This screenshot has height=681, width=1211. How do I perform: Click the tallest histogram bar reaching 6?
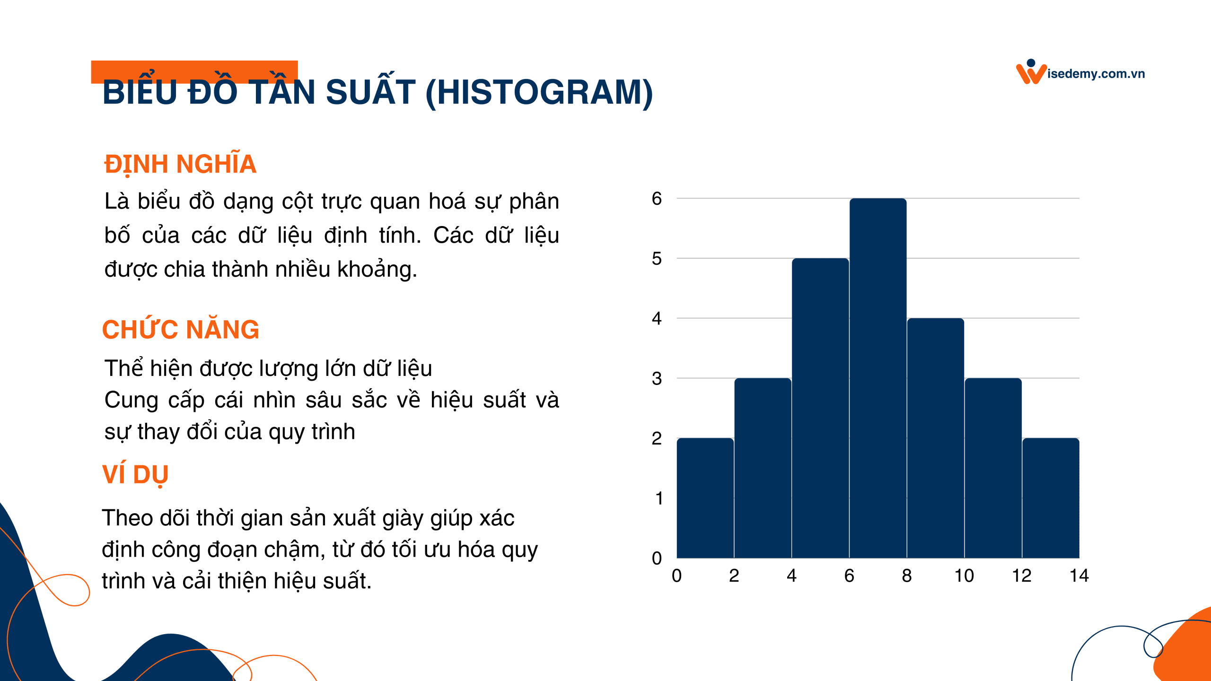pos(878,378)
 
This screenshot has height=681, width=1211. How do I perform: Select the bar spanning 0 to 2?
pos(705,498)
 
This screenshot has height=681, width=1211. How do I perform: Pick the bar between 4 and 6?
pos(820,408)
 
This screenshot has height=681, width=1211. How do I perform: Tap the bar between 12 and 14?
pos(1051,498)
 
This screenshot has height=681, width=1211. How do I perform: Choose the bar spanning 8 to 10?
pos(935,438)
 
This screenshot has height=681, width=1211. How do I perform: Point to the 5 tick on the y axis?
pos(657,259)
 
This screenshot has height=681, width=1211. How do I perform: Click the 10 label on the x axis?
pos(964,576)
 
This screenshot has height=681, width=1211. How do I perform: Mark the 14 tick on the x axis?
pos(1079,576)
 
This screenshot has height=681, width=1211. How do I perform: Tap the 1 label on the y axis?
pos(658,498)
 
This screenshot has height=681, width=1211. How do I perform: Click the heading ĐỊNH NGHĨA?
pos(180,164)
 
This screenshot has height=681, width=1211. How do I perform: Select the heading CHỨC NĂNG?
pos(181,330)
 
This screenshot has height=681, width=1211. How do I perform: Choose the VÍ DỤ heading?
pos(135,474)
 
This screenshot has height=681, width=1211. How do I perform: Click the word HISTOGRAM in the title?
pos(539,92)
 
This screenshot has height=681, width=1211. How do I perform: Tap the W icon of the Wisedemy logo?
pos(1030,73)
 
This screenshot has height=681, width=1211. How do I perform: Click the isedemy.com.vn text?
pos(1096,74)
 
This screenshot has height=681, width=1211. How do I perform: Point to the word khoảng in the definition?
pos(377,270)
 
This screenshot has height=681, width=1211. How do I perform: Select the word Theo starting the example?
pos(127,518)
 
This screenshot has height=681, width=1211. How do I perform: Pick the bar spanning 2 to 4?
pos(763,468)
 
